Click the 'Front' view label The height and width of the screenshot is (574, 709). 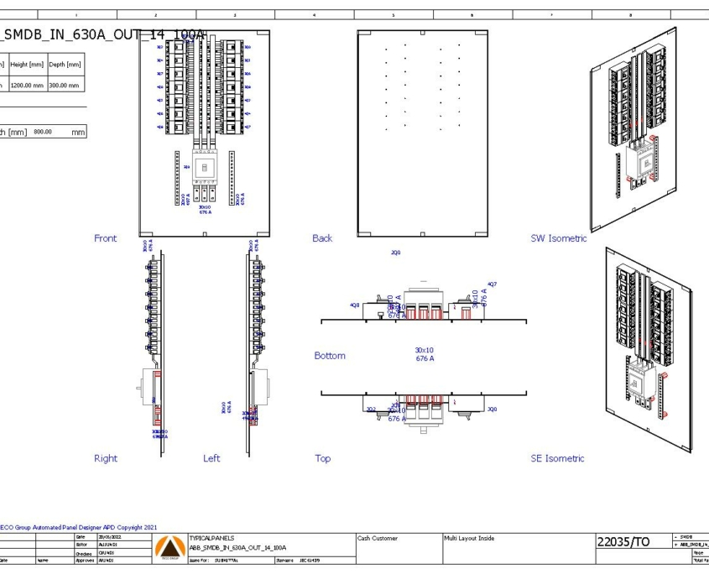pos(106,238)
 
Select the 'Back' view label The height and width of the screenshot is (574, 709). pos(322,238)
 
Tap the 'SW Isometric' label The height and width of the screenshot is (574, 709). pos(558,238)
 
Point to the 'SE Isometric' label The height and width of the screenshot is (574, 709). pos(557,458)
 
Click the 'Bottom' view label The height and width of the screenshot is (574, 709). pos(329,356)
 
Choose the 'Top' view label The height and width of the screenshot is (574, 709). pos(322,458)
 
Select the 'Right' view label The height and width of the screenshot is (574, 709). pos(106,458)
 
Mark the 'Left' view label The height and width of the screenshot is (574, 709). pos(211,458)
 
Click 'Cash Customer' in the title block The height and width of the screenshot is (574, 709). pos(378,538)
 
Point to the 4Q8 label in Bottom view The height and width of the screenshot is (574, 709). pos(355,305)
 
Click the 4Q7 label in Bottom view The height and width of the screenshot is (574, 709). pos(492,284)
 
